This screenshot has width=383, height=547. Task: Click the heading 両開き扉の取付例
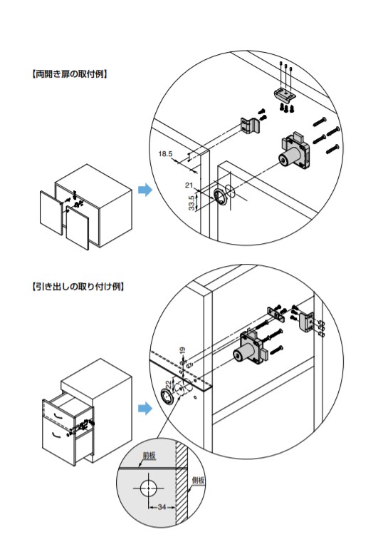click(x=69, y=74)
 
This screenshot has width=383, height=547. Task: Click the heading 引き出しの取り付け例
click(x=78, y=287)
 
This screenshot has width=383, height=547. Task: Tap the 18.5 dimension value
click(x=165, y=153)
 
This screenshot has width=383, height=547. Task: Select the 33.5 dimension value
click(x=191, y=203)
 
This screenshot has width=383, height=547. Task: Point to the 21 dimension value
click(x=189, y=185)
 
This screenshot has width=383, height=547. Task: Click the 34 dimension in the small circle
click(x=162, y=506)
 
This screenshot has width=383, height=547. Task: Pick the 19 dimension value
click(x=183, y=351)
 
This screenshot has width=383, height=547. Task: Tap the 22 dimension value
click(x=168, y=384)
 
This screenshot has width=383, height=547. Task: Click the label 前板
click(x=149, y=456)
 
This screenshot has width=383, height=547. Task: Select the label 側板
click(x=198, y=481)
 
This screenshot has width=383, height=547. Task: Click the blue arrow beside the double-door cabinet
click(x=145, y=190)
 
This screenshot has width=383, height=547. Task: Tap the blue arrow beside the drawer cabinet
click(x=145, y=408)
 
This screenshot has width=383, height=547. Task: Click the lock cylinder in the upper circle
click(x=295, y=151)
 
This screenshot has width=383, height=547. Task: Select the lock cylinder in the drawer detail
click(x=251, y=347)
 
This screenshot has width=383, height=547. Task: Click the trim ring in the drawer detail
click(x=167, y=397)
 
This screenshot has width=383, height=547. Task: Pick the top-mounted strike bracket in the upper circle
click(x=284, y=93)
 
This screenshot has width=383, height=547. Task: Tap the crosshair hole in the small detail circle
click(x=149, y=488)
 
